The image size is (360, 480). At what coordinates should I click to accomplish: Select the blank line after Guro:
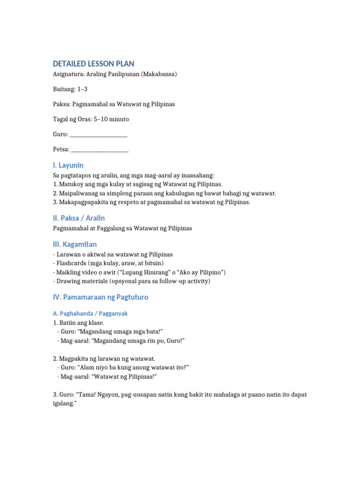point(98,135)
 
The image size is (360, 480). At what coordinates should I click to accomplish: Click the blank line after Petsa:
point(100,150)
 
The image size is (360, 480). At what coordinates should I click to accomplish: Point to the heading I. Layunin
point(68,165)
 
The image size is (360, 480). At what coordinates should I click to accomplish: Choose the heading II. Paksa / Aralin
point(79,218)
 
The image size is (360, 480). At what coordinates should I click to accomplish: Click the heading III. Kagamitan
point(75,244)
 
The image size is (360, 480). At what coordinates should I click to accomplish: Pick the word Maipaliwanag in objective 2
point(79,193)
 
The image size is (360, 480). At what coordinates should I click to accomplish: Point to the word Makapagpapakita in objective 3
point(83,202)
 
